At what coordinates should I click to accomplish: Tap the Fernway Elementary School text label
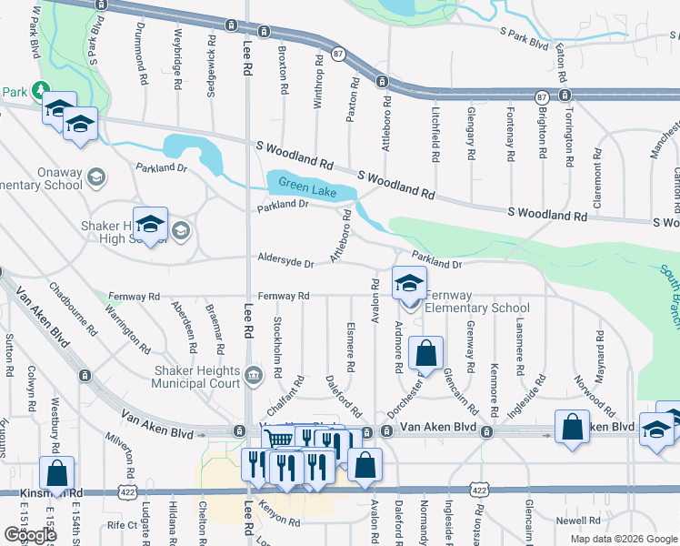[x=477, y=301]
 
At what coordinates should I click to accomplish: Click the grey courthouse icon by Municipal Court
[x=254, y=373]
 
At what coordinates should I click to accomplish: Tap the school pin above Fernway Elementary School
[x=409, y=283]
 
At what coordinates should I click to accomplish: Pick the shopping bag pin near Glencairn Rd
[x=425, y=353]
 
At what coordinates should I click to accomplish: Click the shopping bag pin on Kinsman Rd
[x=56, y=473]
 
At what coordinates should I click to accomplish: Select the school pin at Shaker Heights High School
[x=150, y=224]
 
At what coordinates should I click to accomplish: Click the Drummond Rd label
[x=143, y=55]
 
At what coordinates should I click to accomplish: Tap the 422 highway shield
[x=479, y=490]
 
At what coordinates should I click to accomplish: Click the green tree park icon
[x=39, y=89]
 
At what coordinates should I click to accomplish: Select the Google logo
[x=29, y=534]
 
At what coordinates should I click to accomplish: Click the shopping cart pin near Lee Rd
[x=281, y=440]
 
